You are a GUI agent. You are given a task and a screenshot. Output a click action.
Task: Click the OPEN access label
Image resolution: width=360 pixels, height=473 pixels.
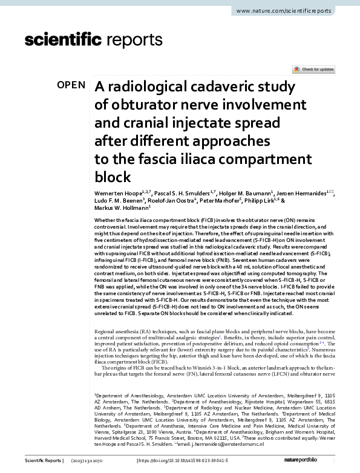tap(71, 85)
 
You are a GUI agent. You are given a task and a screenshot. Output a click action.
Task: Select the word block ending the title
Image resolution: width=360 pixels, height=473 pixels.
tap(113, 177)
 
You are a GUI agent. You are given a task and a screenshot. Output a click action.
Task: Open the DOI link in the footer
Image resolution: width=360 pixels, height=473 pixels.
tap(183, 461)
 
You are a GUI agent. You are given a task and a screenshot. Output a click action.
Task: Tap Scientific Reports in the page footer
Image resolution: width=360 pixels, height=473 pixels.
tap(43, 461)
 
